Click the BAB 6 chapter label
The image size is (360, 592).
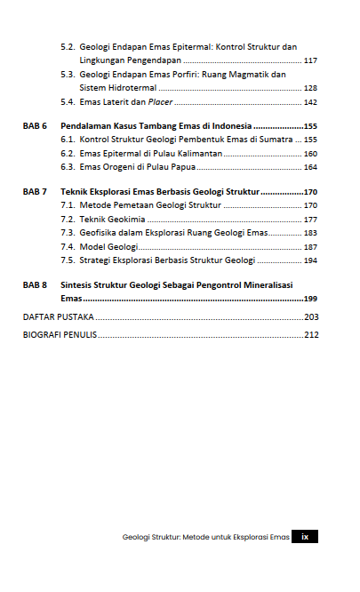(35, 126)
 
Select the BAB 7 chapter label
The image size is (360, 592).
(35, 191)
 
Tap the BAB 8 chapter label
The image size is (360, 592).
(35, 285)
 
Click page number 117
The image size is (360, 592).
(310, 60)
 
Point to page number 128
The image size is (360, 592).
(310, 88)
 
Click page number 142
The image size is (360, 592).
(310, 102)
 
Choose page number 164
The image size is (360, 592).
(310, 167)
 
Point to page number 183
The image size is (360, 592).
(310, 232)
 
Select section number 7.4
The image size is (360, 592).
(68, 246)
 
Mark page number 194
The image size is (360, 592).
(310, 260)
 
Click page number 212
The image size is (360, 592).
(310, 335)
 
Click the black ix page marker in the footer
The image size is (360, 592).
(306, 537)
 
